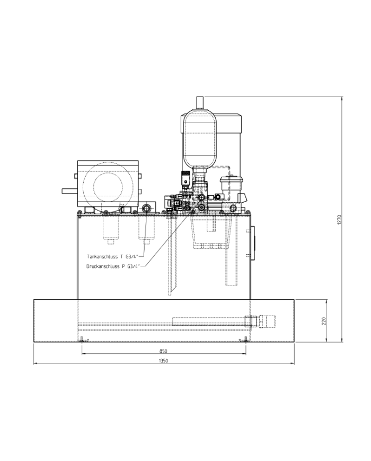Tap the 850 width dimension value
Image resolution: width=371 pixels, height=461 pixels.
(163, 351)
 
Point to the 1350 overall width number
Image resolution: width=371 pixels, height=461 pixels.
(163, 361)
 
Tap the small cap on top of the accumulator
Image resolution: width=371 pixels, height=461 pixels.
(200, 102)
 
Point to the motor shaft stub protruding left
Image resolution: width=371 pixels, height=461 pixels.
(69, 190)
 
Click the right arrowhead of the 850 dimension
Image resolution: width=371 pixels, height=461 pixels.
(246, 353)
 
